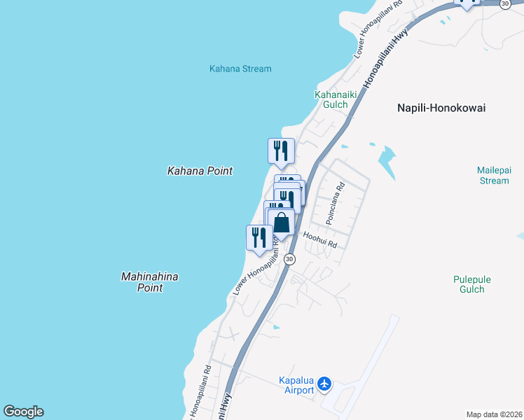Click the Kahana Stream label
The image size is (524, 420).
pos(240,69)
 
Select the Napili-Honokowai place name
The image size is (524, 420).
pos(441,108)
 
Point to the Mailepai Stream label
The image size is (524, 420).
pos(493,175)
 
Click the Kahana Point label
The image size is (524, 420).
pos(200,171)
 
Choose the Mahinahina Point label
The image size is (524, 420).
pos(149,282)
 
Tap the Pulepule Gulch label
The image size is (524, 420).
pos(472,283)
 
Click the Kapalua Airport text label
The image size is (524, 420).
pos(296,385)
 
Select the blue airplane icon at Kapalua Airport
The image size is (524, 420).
pos(324,384)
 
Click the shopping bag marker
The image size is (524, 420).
pos(282,223)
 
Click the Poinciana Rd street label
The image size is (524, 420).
pos(339,198)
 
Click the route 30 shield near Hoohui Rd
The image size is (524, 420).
pos(290,259)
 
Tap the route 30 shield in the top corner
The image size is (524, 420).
pos(506,4)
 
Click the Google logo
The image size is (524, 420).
pos(23,412)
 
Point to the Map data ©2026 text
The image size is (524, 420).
pos(494,414)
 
